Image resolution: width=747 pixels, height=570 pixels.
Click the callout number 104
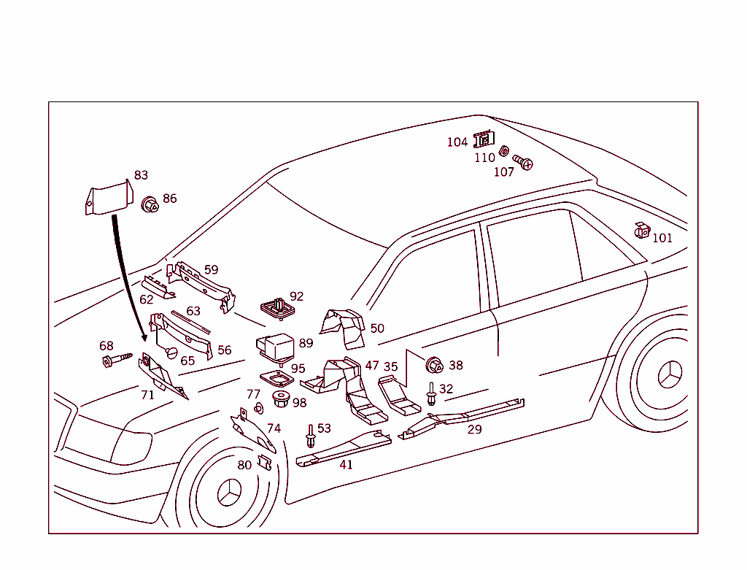pyautogui.click(x=457, y=142)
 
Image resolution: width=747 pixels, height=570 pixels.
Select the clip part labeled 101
pyautogui.click(x=642, y=231)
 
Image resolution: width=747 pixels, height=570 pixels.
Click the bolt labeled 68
pyautogui.click(x=117, y=359)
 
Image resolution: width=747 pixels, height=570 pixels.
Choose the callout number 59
pyautogui.click(x=211, y=270)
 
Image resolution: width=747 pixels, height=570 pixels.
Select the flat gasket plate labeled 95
pyautogui.click(x=276, y=380)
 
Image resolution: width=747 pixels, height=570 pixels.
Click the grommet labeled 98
pyautogui.click(x=280, y=399)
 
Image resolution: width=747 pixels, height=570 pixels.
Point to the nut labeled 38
pyautogui.click(x=436, y=366)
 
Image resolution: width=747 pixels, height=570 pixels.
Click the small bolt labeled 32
pyautogui.click(x=432, y=393)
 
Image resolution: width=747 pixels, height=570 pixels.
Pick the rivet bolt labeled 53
pyautogui.click(x=311, y=436)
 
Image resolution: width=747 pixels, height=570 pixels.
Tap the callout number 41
pyautogui.click(x=346, y=465)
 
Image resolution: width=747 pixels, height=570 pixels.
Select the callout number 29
pyautogui.click(x=474, y=429)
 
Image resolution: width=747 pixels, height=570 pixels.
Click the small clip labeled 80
pyautogui.click(x=265, y=463)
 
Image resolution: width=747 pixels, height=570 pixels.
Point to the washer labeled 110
pyautogui.click(x=503, y=152)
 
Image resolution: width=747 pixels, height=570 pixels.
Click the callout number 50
pyautogui.click(x=376, y=328)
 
